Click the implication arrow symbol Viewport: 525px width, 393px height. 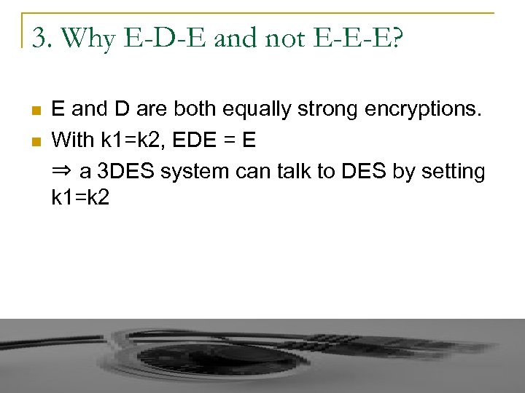pyautogui.click(x=62, y=172)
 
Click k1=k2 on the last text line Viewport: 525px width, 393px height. pyautogui.click(x=80, y=198)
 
